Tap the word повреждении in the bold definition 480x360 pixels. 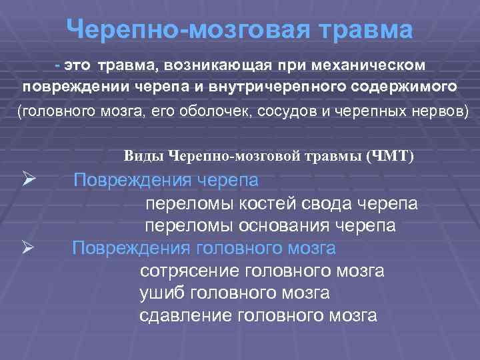(x=74, y=87)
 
